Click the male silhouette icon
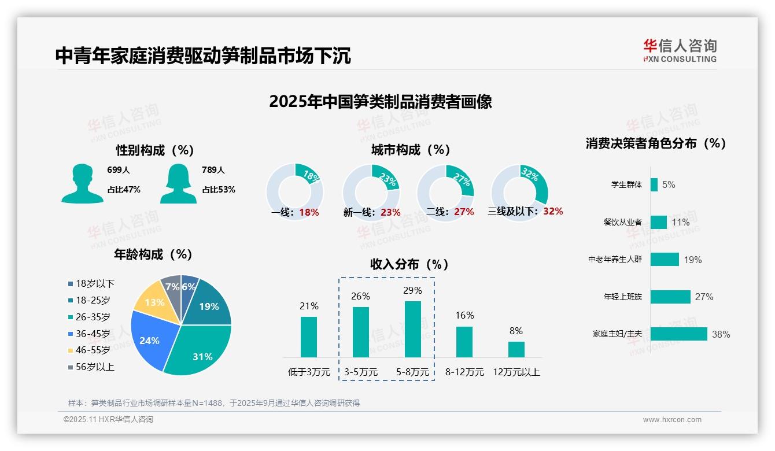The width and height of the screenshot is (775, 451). [83, 184]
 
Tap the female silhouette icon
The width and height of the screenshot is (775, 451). [179, 184]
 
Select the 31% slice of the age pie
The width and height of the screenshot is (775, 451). [200, 353]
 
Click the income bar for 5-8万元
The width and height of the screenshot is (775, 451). [412, 329]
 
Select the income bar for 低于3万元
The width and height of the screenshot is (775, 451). [309, 337]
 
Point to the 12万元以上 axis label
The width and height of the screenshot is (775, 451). [516, 372]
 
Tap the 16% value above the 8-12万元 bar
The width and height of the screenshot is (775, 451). [464, 315]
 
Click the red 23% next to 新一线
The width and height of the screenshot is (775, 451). [391, 212]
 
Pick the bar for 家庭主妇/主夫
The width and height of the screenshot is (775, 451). [678, 334]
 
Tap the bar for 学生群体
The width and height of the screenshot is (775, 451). [654, 185]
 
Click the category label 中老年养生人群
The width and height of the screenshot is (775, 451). [615, 260]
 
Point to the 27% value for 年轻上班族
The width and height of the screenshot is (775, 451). [704, 297]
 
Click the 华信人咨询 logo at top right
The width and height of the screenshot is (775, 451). [680, 50]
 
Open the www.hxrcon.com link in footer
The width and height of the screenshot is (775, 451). [671, 420]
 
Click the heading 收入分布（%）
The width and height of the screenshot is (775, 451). [409, 264]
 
